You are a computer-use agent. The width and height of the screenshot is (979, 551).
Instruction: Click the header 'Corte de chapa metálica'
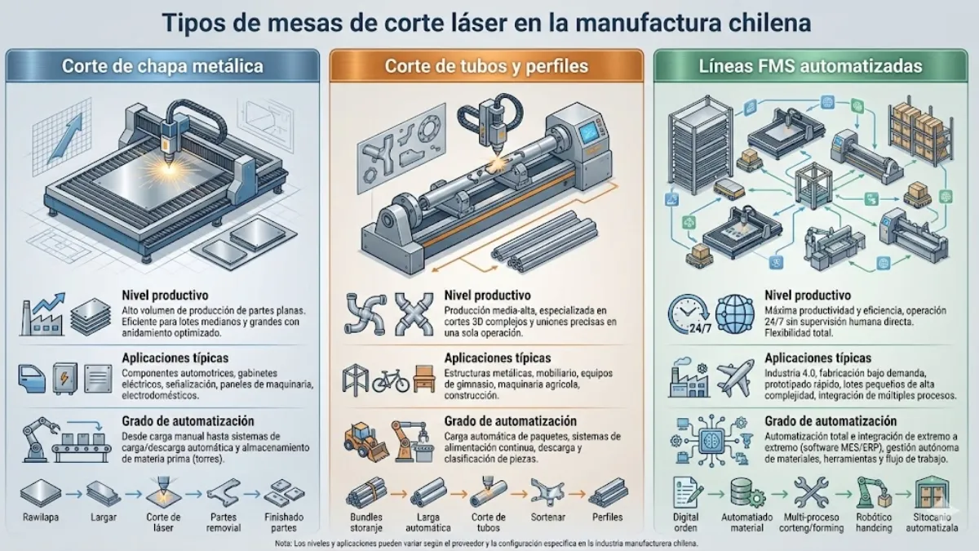tap(162, 66)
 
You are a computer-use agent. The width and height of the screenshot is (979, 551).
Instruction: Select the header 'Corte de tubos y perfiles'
tap(487, 66)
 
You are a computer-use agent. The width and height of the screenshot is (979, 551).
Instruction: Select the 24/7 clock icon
tap(687, 314)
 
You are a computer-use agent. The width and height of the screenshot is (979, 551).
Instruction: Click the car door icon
tap(32, 377)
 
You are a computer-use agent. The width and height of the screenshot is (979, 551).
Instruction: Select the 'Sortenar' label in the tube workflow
tap(549, 518)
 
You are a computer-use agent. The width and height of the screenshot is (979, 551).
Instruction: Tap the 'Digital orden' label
tap(687, 522)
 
